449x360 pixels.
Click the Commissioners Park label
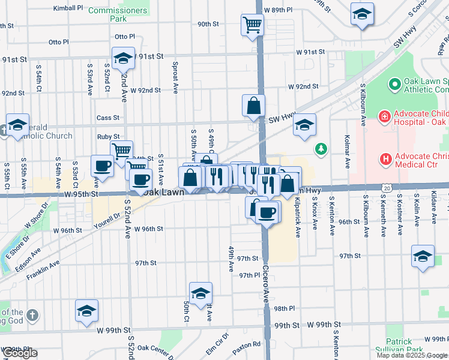pos(117,14)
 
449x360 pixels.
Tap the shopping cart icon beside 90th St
pos(253,25)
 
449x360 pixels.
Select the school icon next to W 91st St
pos(123,58)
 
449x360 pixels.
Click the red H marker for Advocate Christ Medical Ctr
pos(385,159)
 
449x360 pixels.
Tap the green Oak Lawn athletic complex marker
pos(394,85)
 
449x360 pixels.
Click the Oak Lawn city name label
pos(162,193)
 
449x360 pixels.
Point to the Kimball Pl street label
pos(68,8)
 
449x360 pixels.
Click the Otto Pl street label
pos(59,42)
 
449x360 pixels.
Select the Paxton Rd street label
pos(247,344)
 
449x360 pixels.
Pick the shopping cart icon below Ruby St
pos(121,152)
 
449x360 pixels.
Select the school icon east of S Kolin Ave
pos(423,256)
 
